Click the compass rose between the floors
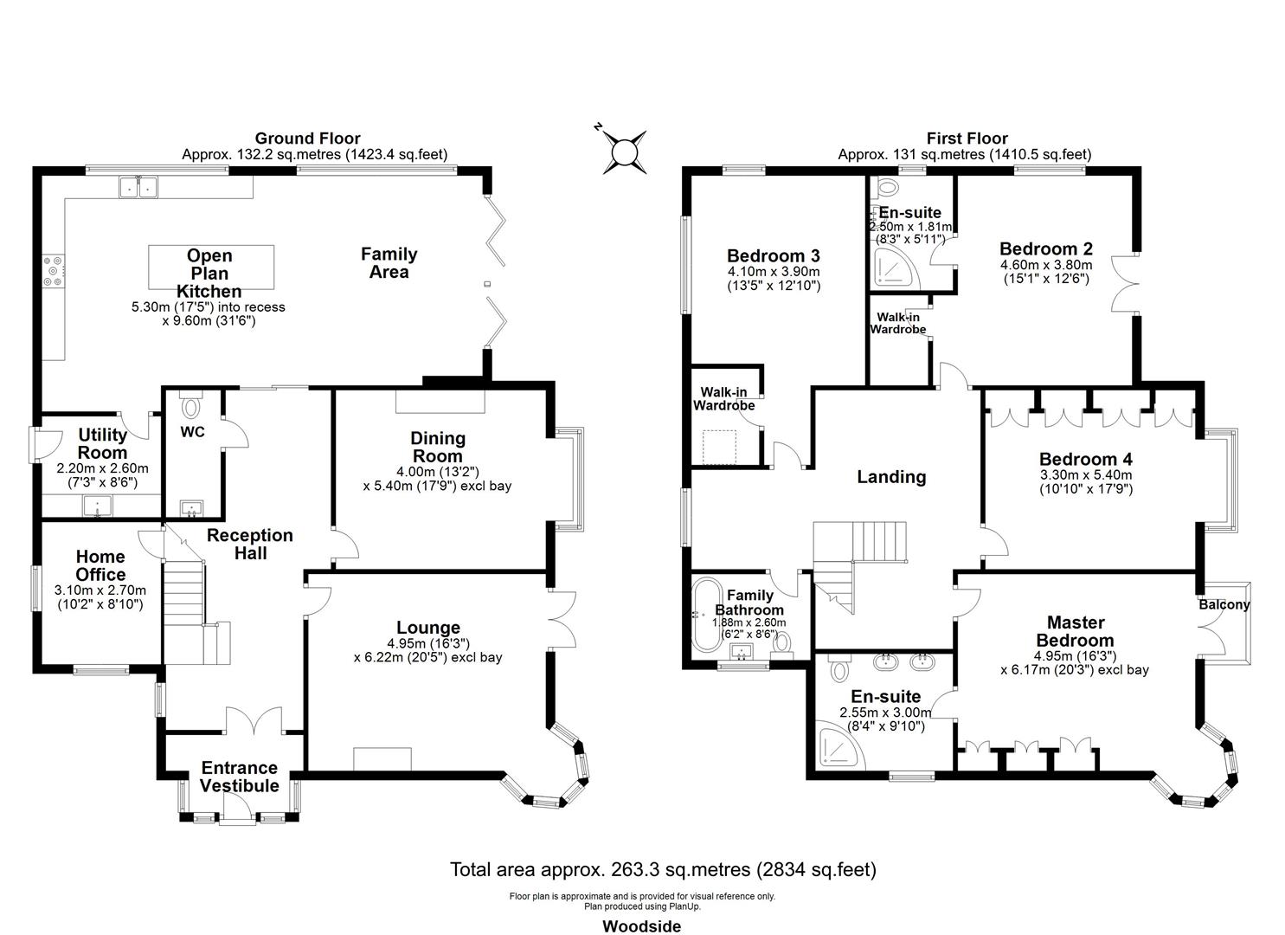coord(624,152)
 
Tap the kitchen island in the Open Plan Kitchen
coord(212,267)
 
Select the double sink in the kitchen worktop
coord(138,185)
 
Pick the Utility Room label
coord(102,443)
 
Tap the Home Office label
coord(100,565)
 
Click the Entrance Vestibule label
coord(239,777)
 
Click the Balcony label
coord(1224,604)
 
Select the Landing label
coord(891,477)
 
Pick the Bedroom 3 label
coord(773,256)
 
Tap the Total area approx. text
coord(663,869)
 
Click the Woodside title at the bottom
coord(641,926)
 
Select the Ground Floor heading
coord(307,139)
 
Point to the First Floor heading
coord(967,139)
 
